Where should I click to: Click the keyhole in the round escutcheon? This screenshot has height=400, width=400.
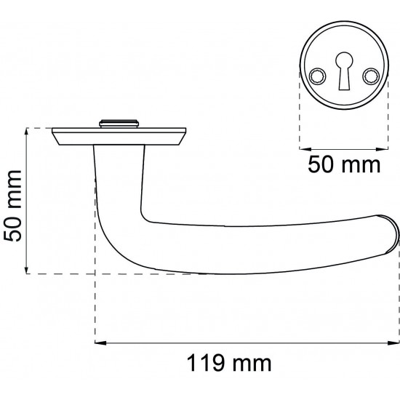[344, 71]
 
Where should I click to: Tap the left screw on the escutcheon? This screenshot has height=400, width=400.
[317, 76]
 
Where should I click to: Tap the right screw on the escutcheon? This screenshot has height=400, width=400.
[371, 76]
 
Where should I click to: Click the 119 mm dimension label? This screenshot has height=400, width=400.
[229, 363]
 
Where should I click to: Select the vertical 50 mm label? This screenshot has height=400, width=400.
[13, 206]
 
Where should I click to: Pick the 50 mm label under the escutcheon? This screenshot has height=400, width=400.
[344, 165]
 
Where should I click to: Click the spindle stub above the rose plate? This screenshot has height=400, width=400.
[119, 124]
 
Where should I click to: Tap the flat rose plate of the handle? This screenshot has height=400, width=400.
[119, 137]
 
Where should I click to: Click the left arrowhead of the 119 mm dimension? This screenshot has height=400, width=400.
[100, 343]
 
